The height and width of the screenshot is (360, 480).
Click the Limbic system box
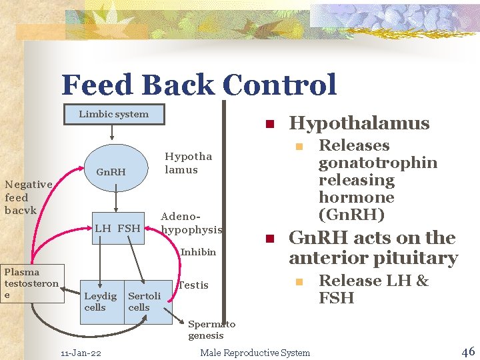[x=114, y=114]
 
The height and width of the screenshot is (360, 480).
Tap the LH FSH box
[x=117, y=229]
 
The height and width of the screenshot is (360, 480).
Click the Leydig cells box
[x=100, y=301]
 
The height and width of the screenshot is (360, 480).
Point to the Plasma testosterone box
[x=31, y=283]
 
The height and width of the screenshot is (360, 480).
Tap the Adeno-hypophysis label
[x=191, y=223]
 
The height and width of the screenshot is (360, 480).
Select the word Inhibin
[x=198, y=252]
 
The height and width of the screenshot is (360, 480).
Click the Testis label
[x=194, y=285]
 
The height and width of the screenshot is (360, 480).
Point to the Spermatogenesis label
[x=211, y=330]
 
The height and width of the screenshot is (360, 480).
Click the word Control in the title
[x=279, y=85]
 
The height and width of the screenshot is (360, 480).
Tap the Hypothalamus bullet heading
[x=359, y=123]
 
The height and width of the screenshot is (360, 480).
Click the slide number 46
[x=467, y=351]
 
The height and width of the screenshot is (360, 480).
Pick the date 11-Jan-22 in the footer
[x=81, y=353]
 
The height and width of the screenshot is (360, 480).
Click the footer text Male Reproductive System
[x=255, y=353]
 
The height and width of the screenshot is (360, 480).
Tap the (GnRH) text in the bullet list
[x=351, y=215]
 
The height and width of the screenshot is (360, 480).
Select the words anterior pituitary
[x=373, y=258]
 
